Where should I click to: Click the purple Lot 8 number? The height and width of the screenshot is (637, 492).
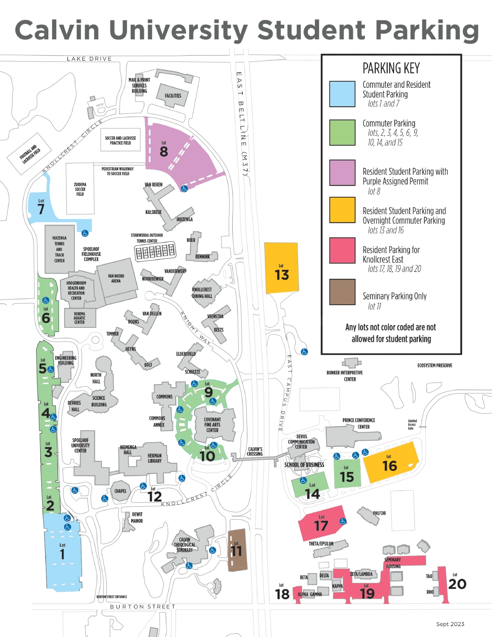pyautogui.click(x=164, y=151)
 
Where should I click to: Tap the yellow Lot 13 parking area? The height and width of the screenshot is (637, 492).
pyautogui.click(x=281, y=269)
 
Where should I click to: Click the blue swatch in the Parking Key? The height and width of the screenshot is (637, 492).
pyautogui.click(x=342, y=94)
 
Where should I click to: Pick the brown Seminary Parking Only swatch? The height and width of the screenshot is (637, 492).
pyautogui.click(x=342, y=292)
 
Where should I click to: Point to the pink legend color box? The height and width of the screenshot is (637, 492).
pyautogui.click(x=342, y=250)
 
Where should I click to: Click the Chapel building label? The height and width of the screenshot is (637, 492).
pyautogui.click(x=120, y=491)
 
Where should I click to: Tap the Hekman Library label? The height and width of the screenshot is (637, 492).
pyautogui.click(x=155, y=458)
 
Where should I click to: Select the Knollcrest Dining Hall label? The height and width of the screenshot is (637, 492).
pyautogui.click(x=202, y=293)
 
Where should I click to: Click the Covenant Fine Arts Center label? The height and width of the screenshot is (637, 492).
pyautogui.click(x=212, y=425)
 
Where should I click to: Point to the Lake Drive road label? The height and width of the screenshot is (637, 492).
pyautogui.click(x=89, y=59)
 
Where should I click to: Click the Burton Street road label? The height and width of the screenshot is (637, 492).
pyautogui.click(x=142, y=607)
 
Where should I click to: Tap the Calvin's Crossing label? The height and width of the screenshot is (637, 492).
pyautogui.click(x=255, y=452)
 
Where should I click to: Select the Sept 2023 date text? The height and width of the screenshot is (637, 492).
pyautogui.click(x=450, y=624)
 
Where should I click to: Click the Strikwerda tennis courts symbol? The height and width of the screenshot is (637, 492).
pyautogui.click(x=155, y=251)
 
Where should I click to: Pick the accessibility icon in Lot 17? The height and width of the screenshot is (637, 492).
pyautogui.click(x=343, y=521)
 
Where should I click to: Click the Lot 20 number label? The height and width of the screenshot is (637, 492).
pyautogui.click(x=457, y=584)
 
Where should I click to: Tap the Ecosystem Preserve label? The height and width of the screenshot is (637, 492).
pyautogui.click(x=435, y=365)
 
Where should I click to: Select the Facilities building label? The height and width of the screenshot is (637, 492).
pyautogui.click(x=173, y=96)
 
